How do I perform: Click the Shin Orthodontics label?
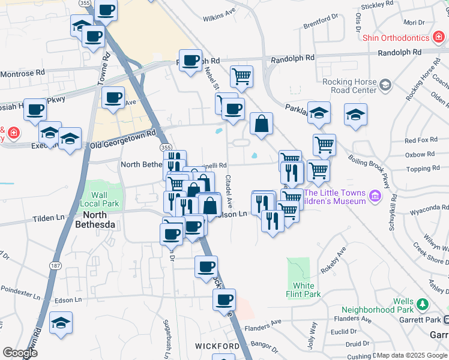(396, 38)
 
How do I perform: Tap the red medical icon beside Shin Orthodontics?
(439, 38)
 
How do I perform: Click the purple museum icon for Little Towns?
(375, 196)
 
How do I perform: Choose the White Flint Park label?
(307, 289)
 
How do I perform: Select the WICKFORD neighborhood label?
(217, 347)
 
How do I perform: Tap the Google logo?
(20, 353)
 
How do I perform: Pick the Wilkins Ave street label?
(219, 13)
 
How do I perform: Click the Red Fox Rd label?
(421, 140)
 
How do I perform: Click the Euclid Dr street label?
(343, 331)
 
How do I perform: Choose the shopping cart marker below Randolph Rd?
(241, 76)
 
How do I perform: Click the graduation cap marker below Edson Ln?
(61, 323)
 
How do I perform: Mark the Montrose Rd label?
(23, 72)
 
